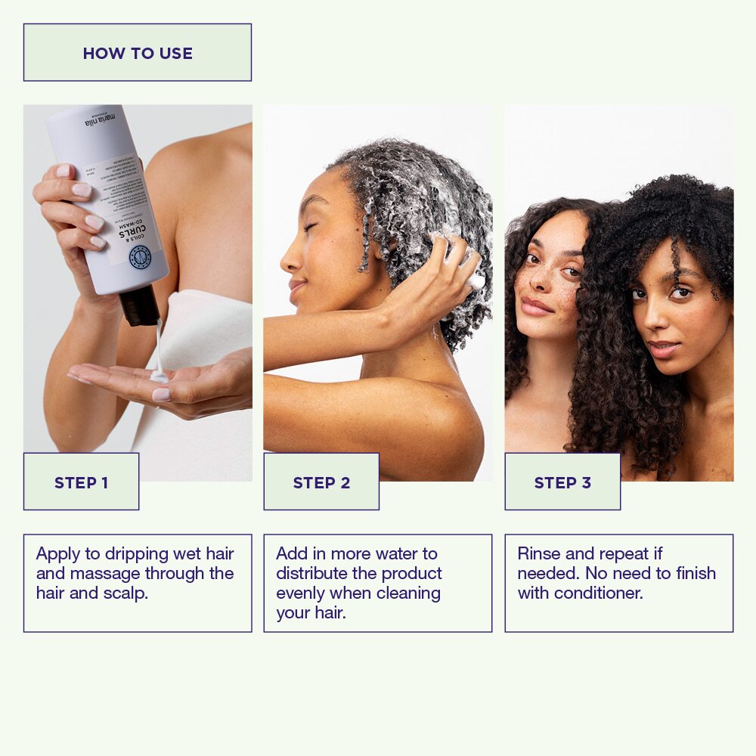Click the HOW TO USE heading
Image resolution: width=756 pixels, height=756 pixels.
pos(138,53)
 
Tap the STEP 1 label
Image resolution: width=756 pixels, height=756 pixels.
pos(81,482)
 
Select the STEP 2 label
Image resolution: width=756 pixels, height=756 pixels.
pos(321,482)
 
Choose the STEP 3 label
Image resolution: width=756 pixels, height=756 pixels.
pos(562,482)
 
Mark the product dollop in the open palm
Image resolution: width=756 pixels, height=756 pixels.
pos(159,376)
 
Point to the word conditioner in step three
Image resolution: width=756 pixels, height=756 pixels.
pos(599,593)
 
